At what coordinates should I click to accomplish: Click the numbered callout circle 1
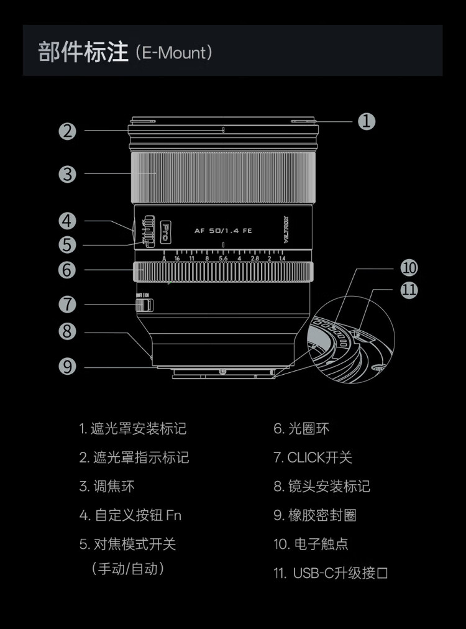pos(367,121)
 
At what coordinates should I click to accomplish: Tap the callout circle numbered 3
pos(68,174)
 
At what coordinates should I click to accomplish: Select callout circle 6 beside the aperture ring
pos(68,270)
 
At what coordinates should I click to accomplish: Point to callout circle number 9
pos(68,367)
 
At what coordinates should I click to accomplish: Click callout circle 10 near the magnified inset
pos(409,268)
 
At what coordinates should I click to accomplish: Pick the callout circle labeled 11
pos(409,290)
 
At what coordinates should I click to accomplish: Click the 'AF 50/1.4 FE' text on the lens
pos(223,231)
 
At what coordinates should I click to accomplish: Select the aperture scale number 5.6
pos(223,258)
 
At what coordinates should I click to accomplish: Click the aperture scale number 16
pos(178,258)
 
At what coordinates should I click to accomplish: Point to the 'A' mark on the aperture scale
pos(164,258)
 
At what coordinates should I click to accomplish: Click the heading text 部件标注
pos(83,52)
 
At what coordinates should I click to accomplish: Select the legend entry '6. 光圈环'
pos(301,429)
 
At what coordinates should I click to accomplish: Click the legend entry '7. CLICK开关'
pos(313,457)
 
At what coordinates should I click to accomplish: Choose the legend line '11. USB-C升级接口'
pos(331,573)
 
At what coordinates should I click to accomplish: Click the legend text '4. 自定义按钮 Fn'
pos(130,515)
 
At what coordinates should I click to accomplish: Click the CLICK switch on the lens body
pos(145,305)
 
